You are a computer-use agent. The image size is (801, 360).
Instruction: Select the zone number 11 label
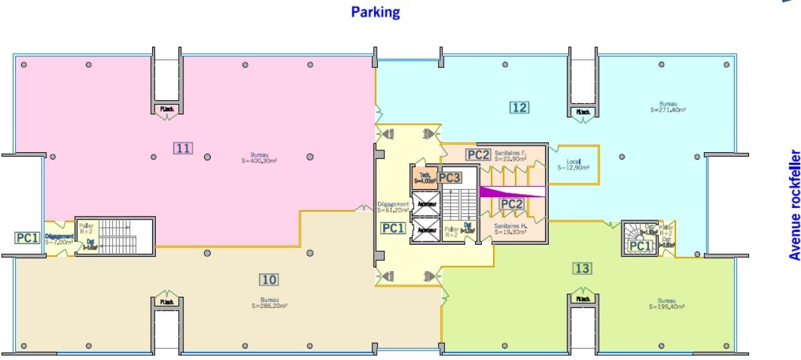183,148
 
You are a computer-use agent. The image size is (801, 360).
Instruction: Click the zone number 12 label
519,107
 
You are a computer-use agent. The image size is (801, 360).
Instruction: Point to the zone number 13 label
582,269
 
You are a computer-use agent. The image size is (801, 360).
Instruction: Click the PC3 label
449,178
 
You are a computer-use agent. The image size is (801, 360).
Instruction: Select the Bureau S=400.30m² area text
260,157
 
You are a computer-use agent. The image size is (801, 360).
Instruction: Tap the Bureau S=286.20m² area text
270,303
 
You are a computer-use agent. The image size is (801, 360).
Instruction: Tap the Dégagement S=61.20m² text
393,207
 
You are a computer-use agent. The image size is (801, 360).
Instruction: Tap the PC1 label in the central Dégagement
394,229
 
